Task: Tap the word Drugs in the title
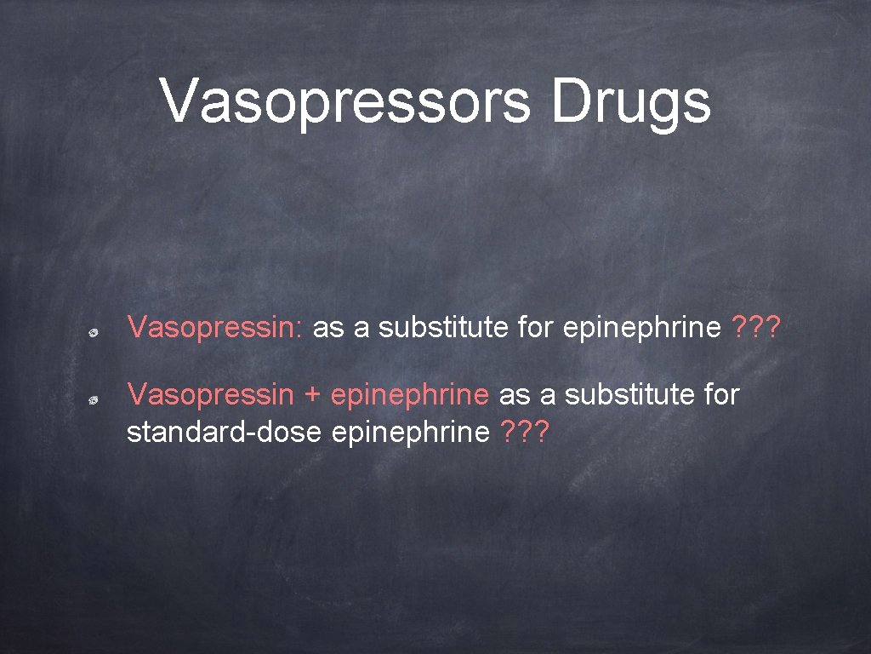click(x=629, y=101)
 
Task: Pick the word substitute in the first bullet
click(x=442, y=326)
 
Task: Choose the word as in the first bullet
click(x=328, y=326)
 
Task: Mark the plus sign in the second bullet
click(x=312, y=394)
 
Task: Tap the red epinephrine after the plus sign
click(x=410, y=394)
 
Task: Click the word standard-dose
click(x=224, y=433)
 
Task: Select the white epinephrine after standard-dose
click(x=411, y=433)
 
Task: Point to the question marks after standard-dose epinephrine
click(x=525, y=433)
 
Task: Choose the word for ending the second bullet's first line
click(x=721, y=394)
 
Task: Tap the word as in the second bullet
click(x=514, y=394)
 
